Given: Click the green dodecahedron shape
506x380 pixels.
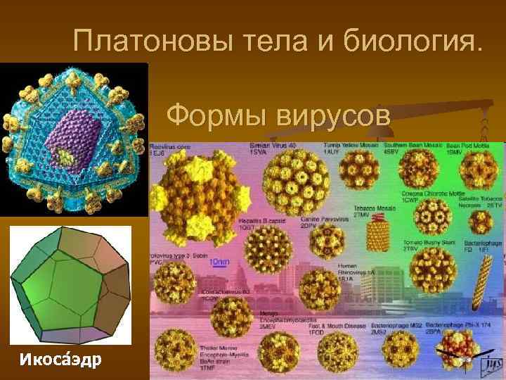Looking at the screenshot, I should pyautogui.click(x=70, y=285).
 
